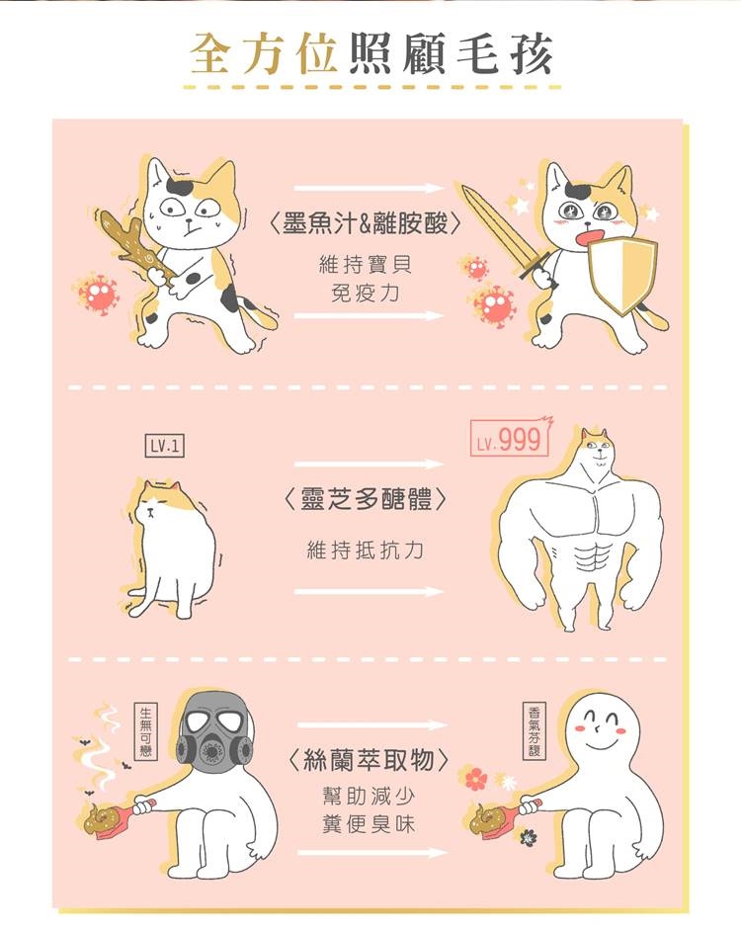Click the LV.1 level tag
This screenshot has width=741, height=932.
(165, 446)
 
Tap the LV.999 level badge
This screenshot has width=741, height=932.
(510, 439)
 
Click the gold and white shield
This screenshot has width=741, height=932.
(622, 274)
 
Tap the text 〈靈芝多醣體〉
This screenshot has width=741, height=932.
(366, 499)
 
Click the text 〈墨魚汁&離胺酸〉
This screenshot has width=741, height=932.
(365, 223)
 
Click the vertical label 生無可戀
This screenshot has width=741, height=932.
(145, 731)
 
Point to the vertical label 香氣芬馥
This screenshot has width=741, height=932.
(534, 730)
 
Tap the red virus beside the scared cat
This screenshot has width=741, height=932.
(97, 293)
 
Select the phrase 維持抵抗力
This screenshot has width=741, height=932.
(366, 550)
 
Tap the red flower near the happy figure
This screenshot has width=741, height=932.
(476, 779)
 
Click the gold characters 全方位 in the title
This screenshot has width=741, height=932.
(264, 54)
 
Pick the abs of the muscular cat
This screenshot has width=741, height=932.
(592, 556)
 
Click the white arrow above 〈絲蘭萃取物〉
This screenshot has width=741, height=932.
(372, 724)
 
